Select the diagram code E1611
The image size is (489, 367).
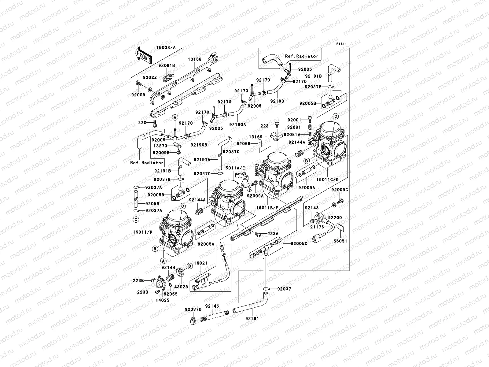(341, 44)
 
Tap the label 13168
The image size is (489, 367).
(194, 59)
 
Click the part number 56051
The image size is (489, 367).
(341, 241)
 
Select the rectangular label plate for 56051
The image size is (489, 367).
(341, 228)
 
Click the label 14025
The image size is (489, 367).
(163, 301)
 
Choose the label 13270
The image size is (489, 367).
(160, 146)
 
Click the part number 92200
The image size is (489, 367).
(335, 217)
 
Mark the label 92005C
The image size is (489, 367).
(299, 244)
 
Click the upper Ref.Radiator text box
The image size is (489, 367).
(301, 56)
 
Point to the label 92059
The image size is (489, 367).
(152, 203)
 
